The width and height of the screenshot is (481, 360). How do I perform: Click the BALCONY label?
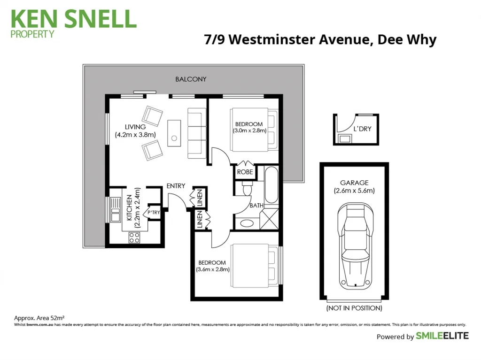(191, 79)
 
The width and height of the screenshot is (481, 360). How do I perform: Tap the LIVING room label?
(135, 127)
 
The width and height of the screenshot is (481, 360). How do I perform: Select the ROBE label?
(245, 172)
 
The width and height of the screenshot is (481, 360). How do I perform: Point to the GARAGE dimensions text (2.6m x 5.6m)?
(354, 191)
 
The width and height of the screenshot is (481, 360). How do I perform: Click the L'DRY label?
(362, 129)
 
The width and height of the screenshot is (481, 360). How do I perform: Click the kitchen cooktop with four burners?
(135, 237)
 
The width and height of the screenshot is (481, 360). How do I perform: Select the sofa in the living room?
(196, 133)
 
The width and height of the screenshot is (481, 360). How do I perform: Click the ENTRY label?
(176, 186)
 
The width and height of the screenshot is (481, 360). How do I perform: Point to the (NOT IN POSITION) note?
(354, 308)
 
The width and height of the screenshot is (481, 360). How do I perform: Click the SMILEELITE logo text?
(442, 336)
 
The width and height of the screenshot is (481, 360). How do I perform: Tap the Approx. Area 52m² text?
(39, 318)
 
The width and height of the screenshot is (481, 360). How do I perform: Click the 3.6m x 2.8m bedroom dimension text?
(212, 269)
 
